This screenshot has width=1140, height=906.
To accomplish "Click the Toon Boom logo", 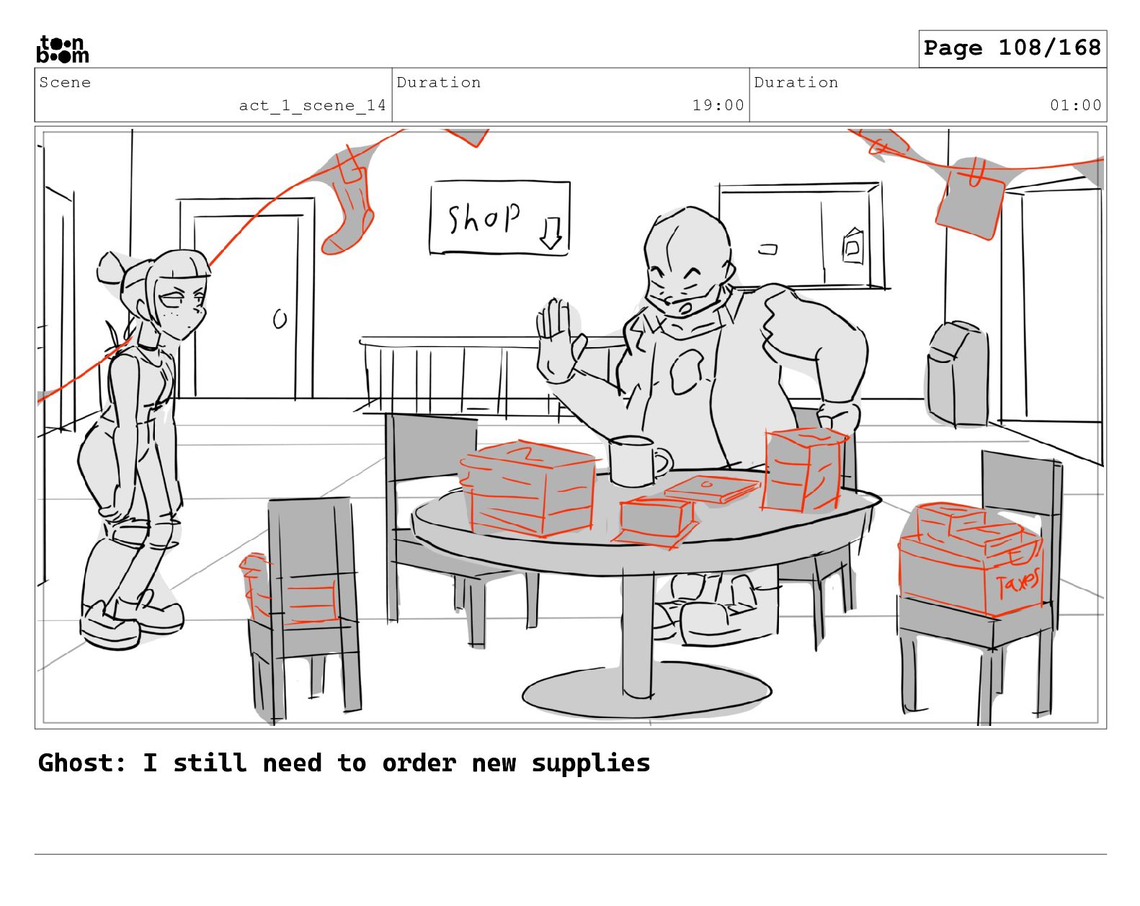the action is click(x=63, y=49).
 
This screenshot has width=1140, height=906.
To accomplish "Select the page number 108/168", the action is click(x=1049, y=48).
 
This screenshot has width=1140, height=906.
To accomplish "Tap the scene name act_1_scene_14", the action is click(x=312, y=105).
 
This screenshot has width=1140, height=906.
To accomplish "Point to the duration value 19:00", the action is click(x=718, y=105).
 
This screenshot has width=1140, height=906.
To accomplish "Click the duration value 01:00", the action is click(x=1075, y=105).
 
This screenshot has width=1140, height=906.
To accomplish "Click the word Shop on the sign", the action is click(x=484, y=217).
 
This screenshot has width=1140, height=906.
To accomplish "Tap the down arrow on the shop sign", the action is click(x=551, y=233).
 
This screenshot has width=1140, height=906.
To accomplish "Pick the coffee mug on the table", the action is click(x=638, y=461).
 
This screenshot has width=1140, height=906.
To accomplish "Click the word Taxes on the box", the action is click(x=1017, y=583).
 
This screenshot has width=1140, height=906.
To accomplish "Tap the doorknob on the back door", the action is click(x=280, y=319).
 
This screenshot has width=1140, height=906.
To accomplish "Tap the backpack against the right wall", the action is click(x=958, y=374).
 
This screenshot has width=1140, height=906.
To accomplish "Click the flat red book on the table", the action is click(x=713, y=488).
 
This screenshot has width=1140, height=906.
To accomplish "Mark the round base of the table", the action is click(x=647, y=689).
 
